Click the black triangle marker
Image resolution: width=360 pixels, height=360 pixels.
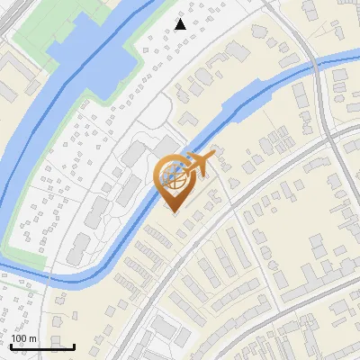(x=181, y=24)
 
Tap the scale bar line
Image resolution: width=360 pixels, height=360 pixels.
(x=42, y=346)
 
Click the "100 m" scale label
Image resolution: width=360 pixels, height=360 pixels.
(x=23, y=338)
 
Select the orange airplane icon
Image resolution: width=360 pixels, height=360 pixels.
(x=200, y=164)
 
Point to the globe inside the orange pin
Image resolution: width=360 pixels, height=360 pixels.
(x=174, y=175)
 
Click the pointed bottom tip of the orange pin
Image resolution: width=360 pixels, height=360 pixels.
(x=174, y=211)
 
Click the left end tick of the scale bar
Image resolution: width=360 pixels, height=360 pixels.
(x=11, y=346)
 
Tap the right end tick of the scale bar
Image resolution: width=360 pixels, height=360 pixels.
(x=74, y=346)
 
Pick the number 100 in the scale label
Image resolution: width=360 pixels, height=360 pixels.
(x=20, y=338)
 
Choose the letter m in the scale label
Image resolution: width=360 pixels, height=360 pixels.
(x=32, y=338)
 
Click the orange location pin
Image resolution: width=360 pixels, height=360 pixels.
(x=174, y=181)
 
